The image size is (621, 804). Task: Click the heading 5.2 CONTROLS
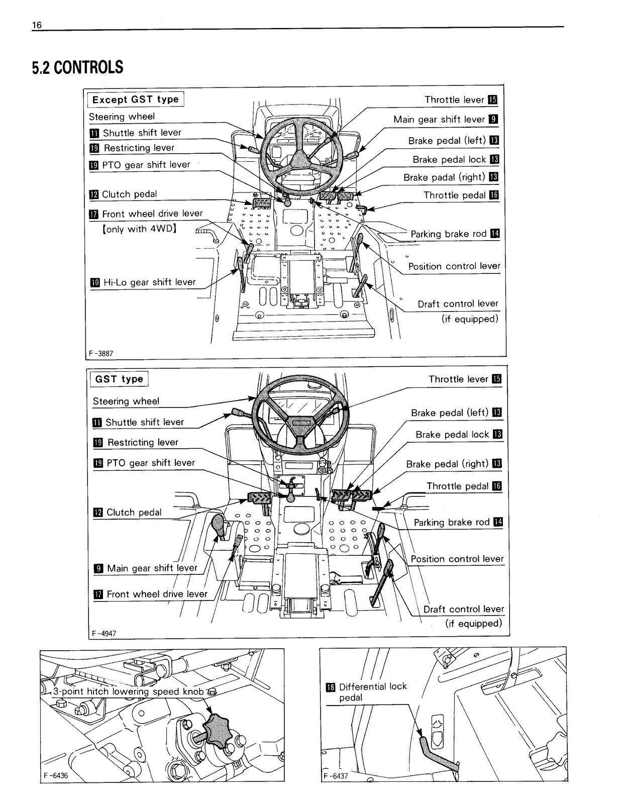tap(77, 67)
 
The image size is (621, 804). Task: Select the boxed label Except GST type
tap(136, 99)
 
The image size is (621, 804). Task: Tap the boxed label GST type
tap(119, 379)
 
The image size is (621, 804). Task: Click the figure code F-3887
tap(101, 353)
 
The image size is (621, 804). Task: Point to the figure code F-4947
tap(104, 633)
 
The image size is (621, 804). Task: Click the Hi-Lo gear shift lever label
tap(149, 282)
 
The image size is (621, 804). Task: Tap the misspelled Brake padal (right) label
tap(444, 177)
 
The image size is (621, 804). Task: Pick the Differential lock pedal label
tap(372, 692)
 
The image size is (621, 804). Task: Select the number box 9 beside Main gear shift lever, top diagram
tap(493, 120)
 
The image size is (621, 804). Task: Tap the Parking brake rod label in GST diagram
tap(451, 523)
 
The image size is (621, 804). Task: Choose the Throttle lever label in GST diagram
tap(458, 379)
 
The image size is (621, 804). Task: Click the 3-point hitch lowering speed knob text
tap(129, 692)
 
